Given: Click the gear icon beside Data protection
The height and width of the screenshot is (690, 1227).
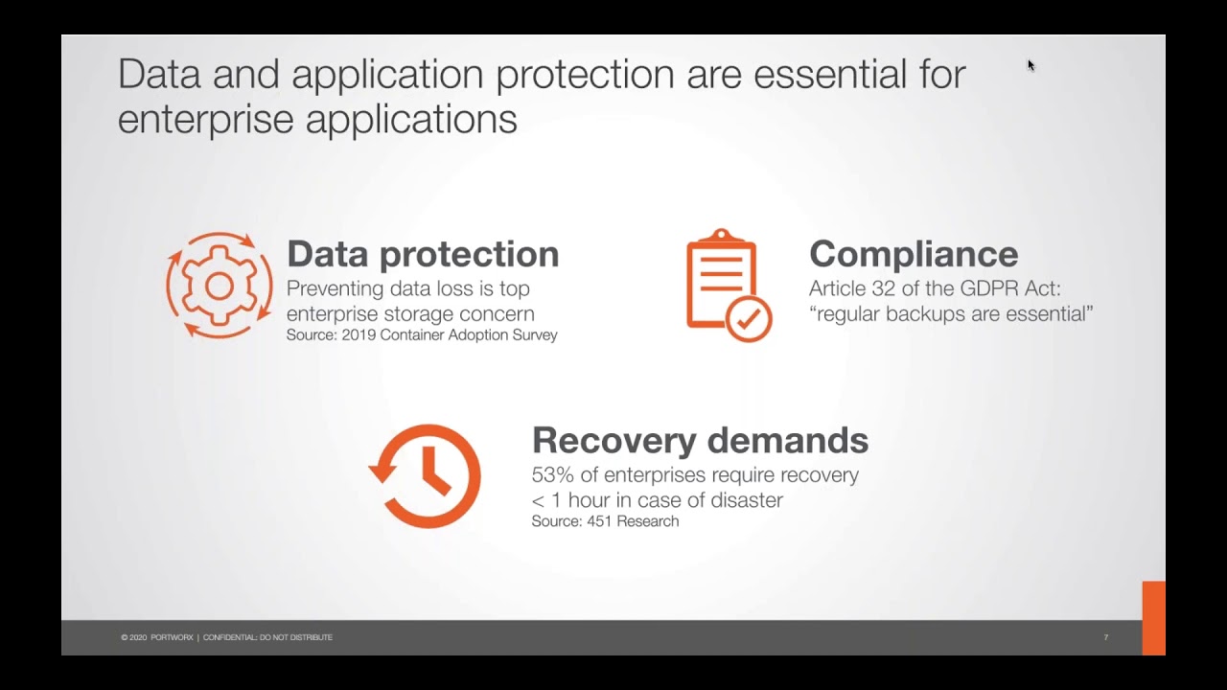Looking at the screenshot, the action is [220, 286].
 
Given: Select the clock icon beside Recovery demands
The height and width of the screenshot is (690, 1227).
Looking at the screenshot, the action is [425, 476].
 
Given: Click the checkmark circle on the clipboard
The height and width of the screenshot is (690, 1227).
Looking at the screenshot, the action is [749, 319].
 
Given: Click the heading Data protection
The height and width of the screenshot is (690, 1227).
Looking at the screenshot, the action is [423, 254].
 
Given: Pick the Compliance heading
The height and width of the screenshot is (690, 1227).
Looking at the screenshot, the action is [914, 254].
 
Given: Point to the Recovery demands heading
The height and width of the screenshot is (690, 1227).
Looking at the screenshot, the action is [700, 440].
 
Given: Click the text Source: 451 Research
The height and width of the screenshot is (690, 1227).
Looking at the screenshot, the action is [605, 521].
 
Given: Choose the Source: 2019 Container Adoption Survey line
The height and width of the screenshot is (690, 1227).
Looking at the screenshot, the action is [422, 335].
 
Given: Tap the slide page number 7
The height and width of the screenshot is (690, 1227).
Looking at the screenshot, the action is [1106, 637].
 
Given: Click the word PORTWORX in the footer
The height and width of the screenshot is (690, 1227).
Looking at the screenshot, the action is [172, 637].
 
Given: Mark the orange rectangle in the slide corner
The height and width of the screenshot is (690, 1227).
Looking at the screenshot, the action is [1153, 618].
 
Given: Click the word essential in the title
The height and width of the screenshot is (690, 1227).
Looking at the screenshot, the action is [830, 75].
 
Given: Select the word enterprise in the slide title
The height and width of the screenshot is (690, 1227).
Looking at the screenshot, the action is [206, 120].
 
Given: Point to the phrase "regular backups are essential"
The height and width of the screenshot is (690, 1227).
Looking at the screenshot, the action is [951, 314].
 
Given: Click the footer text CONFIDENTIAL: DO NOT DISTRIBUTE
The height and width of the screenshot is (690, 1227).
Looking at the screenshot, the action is [267, 637].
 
